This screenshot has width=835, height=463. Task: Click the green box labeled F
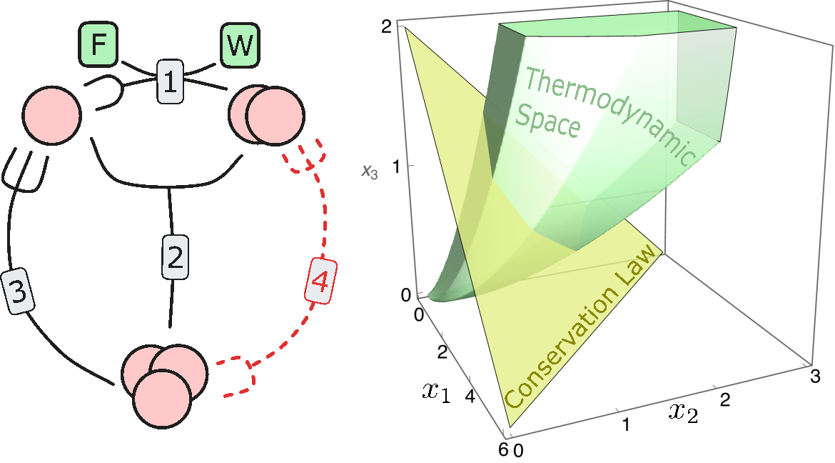coord(98,45)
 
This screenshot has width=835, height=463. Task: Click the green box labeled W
coord(239,45)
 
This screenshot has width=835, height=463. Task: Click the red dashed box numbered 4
coord(319,283)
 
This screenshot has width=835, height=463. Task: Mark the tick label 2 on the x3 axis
coord(387,27)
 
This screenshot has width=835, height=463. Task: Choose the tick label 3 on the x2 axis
coord(812,376)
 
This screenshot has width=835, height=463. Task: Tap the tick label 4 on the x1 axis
coord(470,397)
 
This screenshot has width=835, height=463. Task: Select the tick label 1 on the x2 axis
coord(627,426)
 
